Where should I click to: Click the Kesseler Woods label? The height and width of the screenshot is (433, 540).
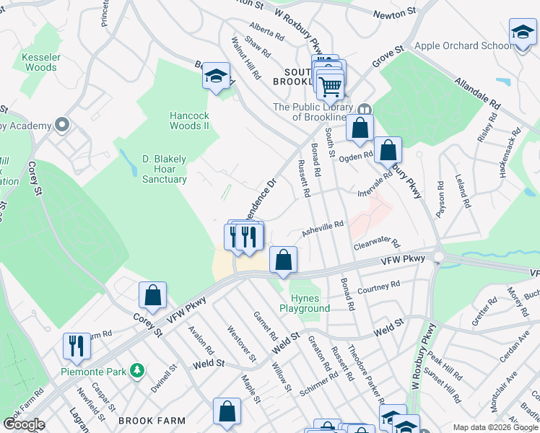pyautogui.click(x=39, y=62)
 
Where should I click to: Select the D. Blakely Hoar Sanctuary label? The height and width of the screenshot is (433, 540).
pyautogui.click(x=154, y=169)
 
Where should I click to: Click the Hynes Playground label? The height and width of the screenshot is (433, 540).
pyautogui.click(x=310, y=303)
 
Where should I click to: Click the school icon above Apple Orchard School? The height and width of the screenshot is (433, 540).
pyautogui.click(x=522, y=33)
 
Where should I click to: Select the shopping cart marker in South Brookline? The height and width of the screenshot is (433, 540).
pyautogui.click(x=330, y=86)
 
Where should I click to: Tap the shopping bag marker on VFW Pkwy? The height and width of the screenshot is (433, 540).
pyautogui.click(x=284, y=260)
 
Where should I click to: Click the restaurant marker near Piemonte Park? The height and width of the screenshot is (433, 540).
pyautogui.click(x=76, y=346)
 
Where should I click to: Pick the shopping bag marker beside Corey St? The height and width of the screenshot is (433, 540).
pyautogui.click(x=152, y=294)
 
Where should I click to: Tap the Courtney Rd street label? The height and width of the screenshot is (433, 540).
pyautogui.click(x=378, y=287)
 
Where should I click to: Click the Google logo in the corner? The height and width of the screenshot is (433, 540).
pyautogui.click(x=24, y=424)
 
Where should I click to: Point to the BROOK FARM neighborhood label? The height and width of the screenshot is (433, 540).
pyautogui.click(x=152, y=421)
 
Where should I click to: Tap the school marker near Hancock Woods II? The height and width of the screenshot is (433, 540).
pyautogui.click(x=215, y=76)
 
